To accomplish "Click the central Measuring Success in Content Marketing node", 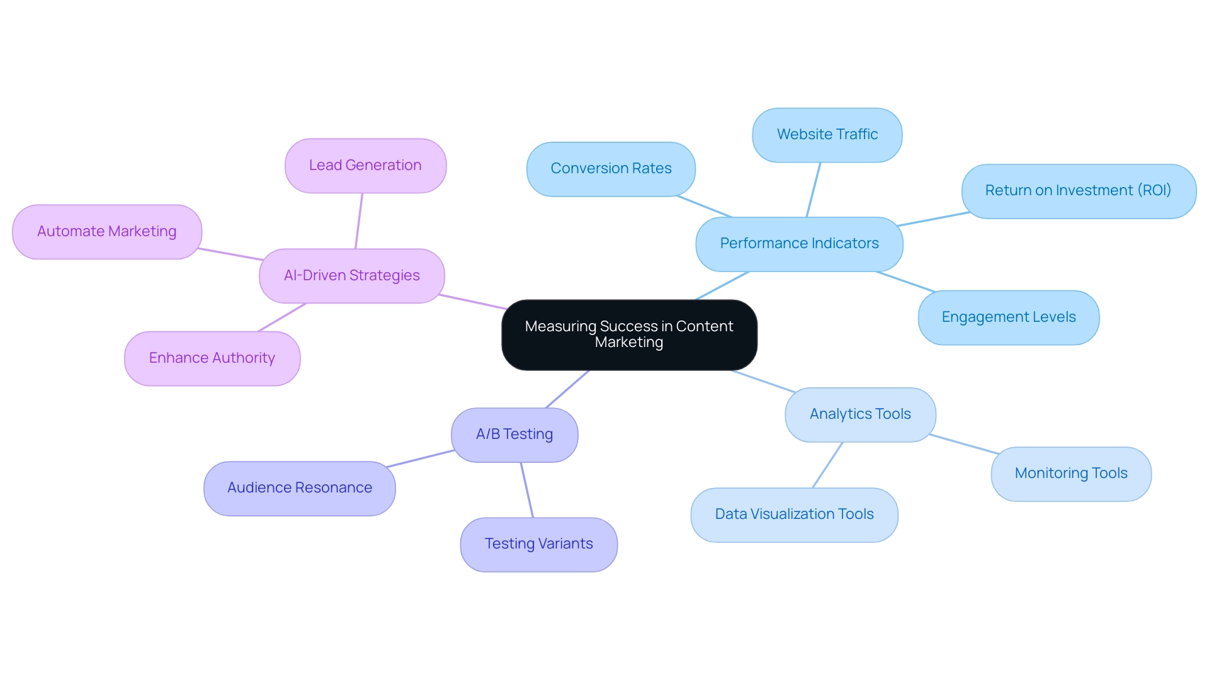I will (x=629, y=334).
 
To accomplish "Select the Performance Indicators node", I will (x=799, y=244).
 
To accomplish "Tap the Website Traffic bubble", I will (x=827, y=135).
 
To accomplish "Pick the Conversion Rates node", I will (x=611, y=169).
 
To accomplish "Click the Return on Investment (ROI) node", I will (x=1078, y=191).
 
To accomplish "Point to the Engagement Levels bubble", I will (x=1008, y=317).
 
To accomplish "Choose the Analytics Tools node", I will (x=860, y=414).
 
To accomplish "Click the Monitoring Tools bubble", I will (x=1070, y=474).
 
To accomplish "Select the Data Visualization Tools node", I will (x=794, y=514).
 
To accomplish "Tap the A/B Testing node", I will (x=514, y=435).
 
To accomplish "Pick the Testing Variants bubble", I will (x=538, y=544).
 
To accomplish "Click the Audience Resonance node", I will (x=300, y=488).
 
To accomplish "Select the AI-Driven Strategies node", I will (x=351, y=276).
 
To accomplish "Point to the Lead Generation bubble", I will (x=365, y=166).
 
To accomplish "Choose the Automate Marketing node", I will (x=106, y=232).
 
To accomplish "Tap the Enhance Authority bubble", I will (x=212, y=358).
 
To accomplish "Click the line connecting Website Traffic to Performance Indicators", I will (x=814, y=190).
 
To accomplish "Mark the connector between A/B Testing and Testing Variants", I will (x=526, y=489).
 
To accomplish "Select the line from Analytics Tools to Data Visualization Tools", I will (x=827, y=465).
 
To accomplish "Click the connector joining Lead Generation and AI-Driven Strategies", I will (x=359, y=220).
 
